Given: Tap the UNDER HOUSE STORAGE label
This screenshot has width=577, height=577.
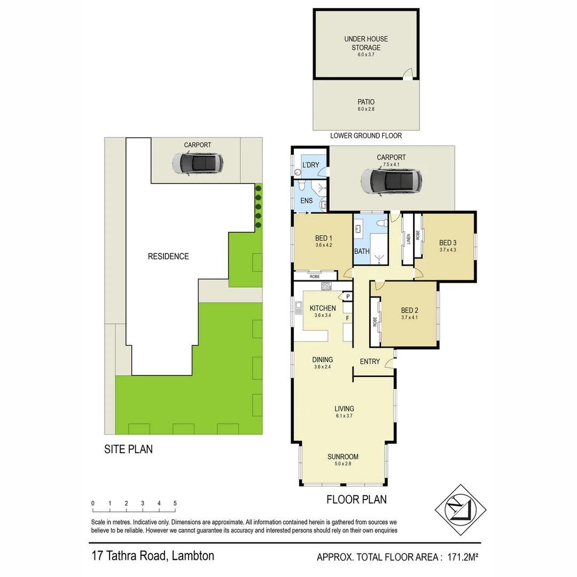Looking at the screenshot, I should click(x=366, y=43).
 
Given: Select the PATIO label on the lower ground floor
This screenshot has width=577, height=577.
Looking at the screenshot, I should click(x=366, y=102).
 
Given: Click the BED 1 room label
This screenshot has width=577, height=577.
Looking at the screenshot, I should click(x=324, y=238).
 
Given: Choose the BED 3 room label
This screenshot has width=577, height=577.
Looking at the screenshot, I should click(x=448, y=241).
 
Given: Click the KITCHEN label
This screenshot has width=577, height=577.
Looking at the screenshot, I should click(x=323, y=308).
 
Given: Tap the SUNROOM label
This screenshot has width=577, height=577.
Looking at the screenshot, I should click(x=343, y=457).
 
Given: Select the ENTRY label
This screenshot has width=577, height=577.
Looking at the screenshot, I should click(x=370, y=362).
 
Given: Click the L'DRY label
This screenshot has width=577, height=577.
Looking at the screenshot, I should click(x=310, y=165).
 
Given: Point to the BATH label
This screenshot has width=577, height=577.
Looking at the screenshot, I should click(x=362, y=251).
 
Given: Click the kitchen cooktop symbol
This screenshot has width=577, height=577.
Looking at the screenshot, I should click(x=326, y=287).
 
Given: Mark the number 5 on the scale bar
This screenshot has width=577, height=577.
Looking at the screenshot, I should click(x=175, y=503).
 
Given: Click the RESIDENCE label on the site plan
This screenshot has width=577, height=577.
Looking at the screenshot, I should click(x=168, y=256).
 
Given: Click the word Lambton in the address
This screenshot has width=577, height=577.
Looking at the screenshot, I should click(x=193, y=556).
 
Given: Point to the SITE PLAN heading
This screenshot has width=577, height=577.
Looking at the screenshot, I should click(x=128, y=449).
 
